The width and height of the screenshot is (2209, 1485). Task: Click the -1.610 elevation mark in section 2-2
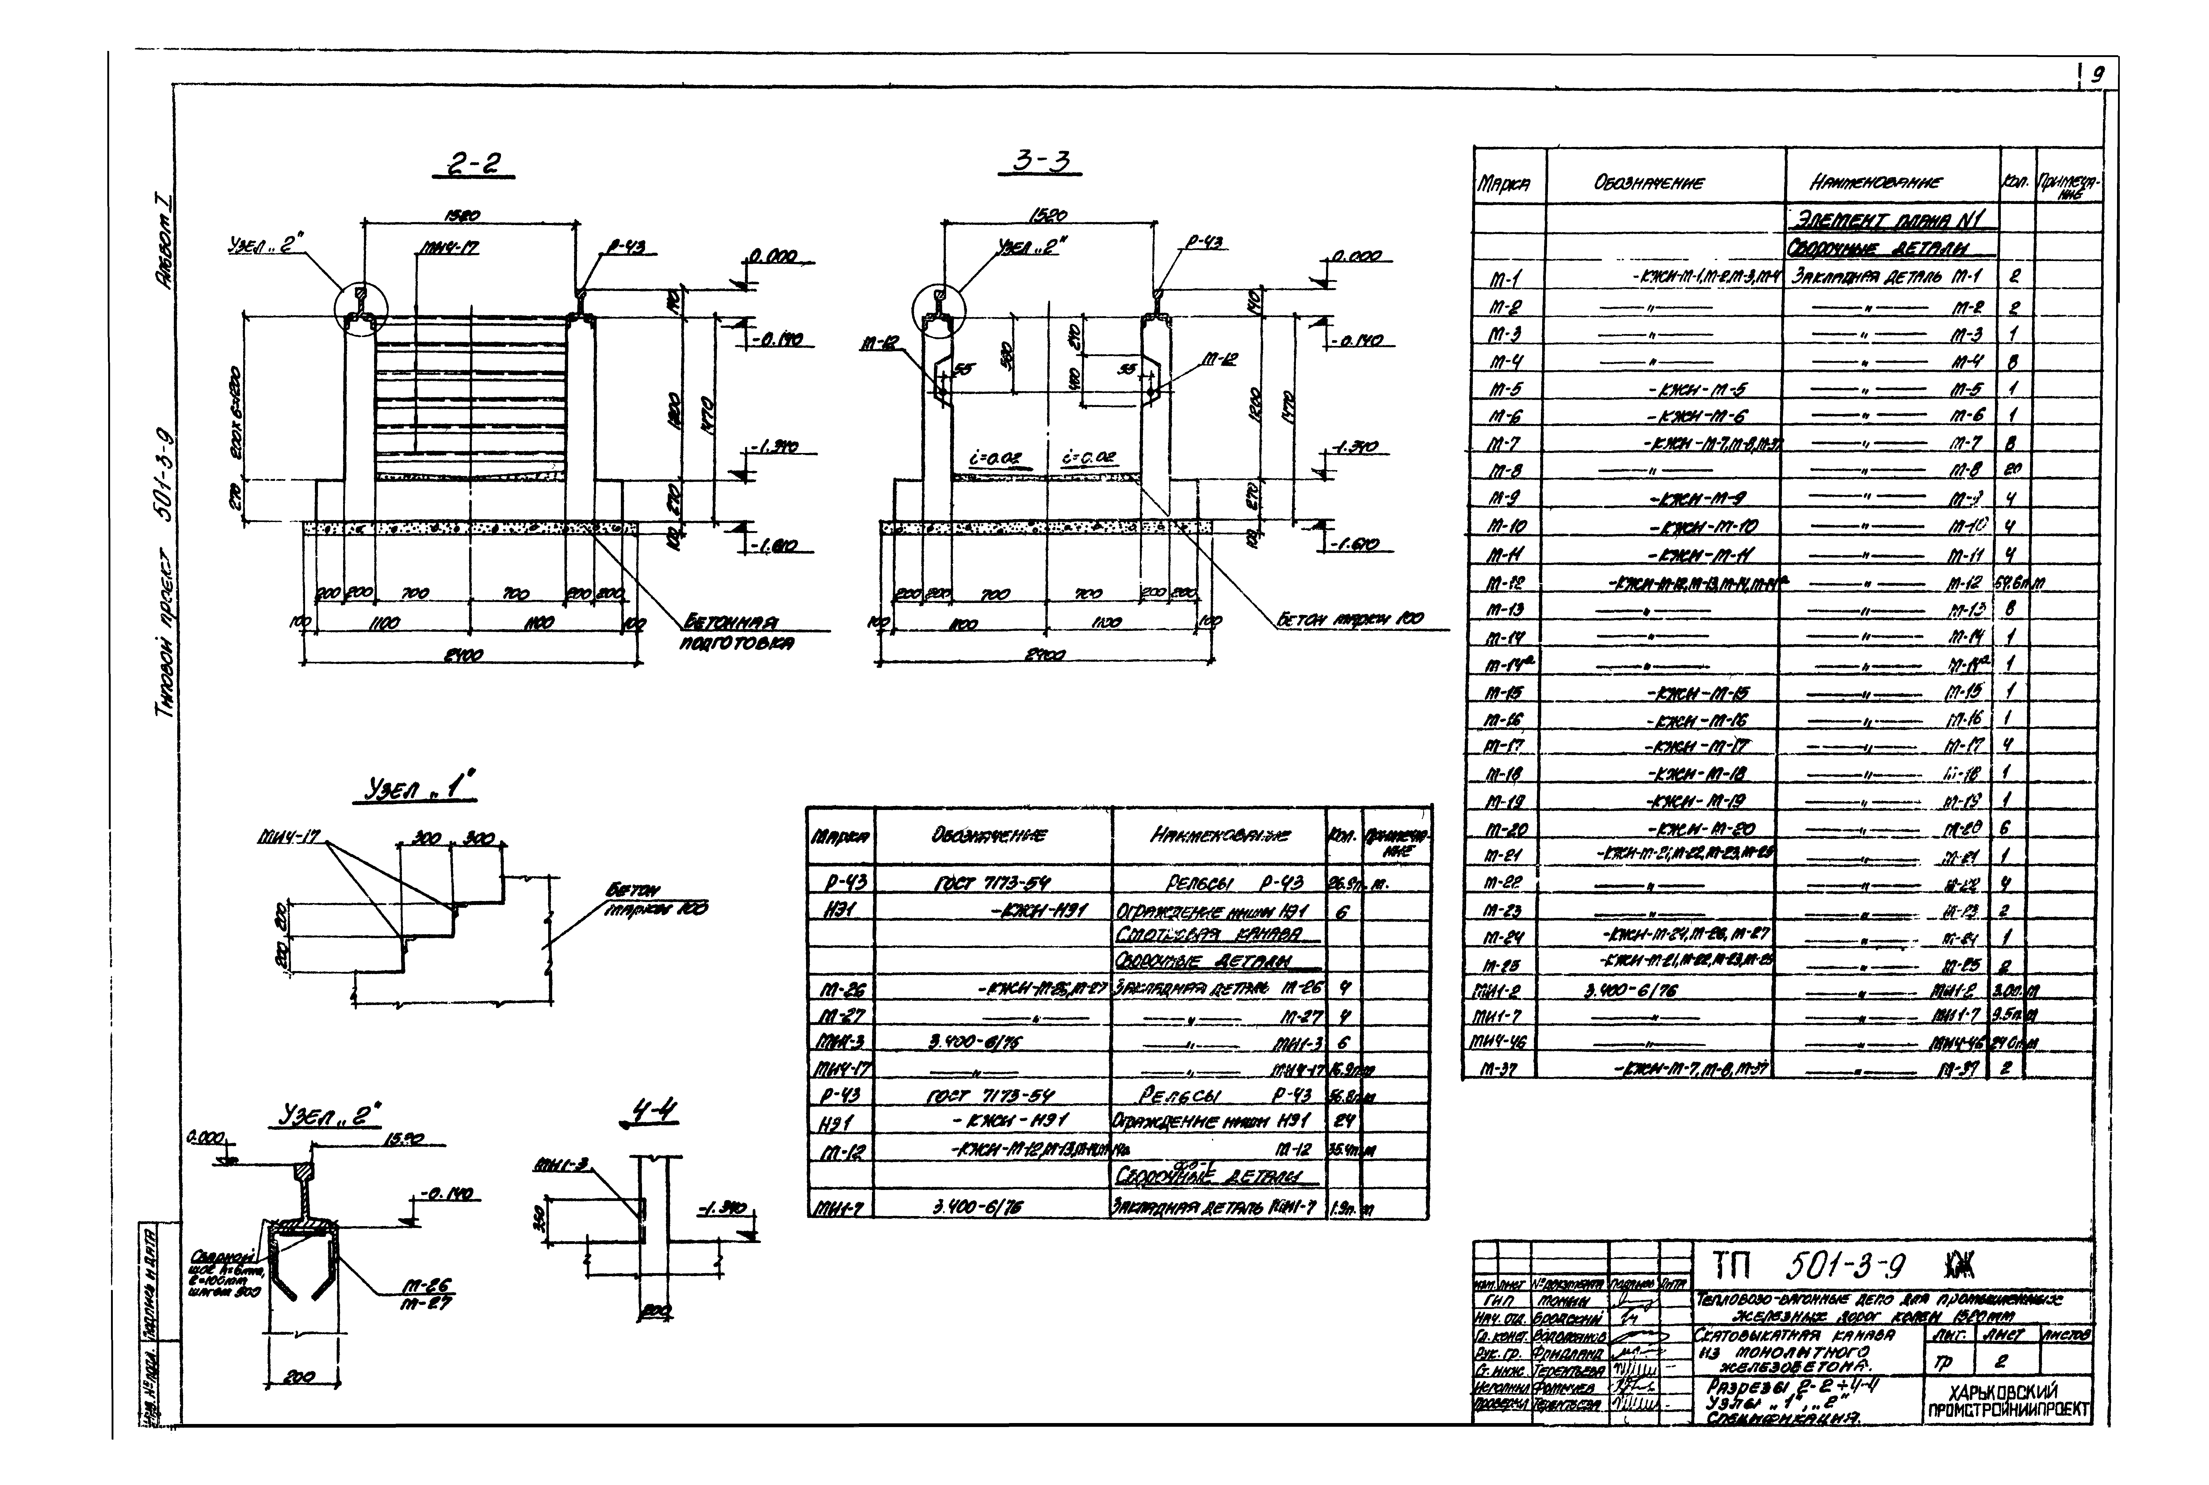pos(774,547)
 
